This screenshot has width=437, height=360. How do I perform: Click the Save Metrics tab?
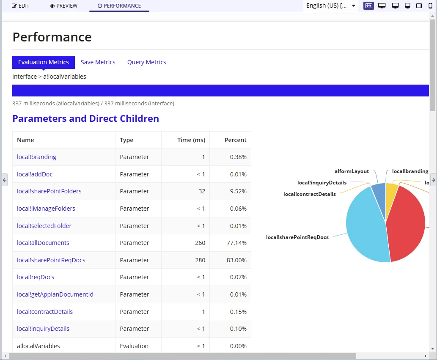tap(98, 62)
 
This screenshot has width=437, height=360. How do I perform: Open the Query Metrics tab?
tap(147, 62)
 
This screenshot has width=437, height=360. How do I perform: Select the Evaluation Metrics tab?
tap(44, 62)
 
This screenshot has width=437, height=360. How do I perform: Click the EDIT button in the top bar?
tap(20, 5)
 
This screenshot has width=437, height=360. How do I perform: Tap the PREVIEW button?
tap(63, 5)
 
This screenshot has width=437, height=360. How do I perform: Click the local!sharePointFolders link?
tap(49, 191)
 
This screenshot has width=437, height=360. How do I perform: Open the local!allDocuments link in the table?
tap(43, 243)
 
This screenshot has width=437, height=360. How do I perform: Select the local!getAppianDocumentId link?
tap(55, 294)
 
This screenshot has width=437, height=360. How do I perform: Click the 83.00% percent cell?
tap(236, 260)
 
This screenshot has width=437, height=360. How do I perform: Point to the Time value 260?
tap(200, 243)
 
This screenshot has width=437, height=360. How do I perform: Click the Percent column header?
tap(236, 140)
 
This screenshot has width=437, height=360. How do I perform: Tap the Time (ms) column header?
tap(191, 140)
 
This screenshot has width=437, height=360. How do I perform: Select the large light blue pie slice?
tap(365, 226)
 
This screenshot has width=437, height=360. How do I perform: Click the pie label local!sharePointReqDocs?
tap(297, 237)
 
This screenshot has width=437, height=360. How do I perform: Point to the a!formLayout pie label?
tap(352, 171)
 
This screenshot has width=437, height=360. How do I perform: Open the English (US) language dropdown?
tap(331, 5)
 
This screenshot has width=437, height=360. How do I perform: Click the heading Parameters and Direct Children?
tap(86, 118)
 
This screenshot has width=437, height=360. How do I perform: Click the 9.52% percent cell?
tap(238, 191)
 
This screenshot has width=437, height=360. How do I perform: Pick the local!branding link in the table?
tap(36, 157)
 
